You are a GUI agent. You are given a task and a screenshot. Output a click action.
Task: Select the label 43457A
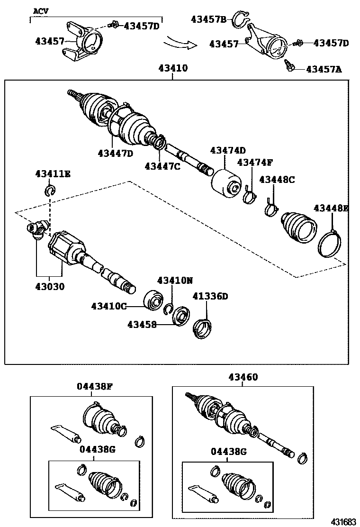click(324, 69)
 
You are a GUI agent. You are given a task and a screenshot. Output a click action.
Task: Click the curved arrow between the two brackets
click(180, 44)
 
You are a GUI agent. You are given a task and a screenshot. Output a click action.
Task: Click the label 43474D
click(228, 151)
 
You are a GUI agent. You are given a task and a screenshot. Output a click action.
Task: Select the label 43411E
click(53, 174)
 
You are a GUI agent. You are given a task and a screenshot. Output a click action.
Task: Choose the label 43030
click(49, 287)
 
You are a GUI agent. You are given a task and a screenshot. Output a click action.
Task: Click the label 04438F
click(95, 386)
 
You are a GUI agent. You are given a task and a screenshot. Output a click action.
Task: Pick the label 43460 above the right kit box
click(243, 377)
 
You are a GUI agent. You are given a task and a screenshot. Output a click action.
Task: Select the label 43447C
click(162, 166)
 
